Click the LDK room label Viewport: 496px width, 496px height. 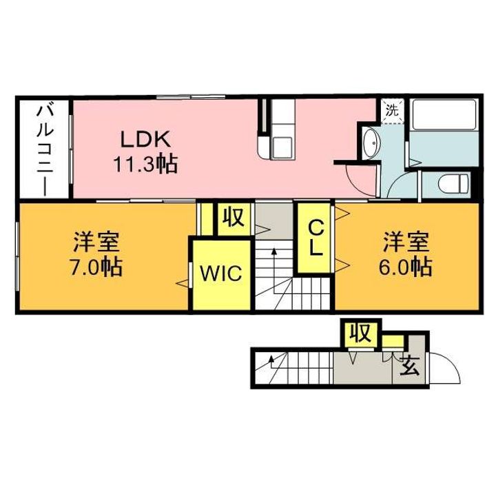tap(146, 139)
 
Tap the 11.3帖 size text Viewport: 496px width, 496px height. tap(145, 163)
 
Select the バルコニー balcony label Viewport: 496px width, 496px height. tap(45, 151)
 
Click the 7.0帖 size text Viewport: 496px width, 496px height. tap(96, 267)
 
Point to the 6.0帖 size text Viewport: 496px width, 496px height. tap(406, 267)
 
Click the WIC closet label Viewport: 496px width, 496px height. tap(221, 273)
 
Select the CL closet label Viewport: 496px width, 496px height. tap(315, 238)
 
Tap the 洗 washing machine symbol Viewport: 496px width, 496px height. tap(392, 111)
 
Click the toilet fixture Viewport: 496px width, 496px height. tap(453, 183)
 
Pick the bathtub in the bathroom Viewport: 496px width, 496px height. tap(444, 114)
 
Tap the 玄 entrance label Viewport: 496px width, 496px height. tap(410, 365)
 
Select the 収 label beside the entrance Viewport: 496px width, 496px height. tap(361, 333)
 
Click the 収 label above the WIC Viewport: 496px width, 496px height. tap(234, 217)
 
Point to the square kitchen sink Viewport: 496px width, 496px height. tap(282, 147)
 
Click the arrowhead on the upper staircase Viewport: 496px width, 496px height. tap(274, 252)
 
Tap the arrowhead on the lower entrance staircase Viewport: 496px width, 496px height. tap(271, 359)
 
